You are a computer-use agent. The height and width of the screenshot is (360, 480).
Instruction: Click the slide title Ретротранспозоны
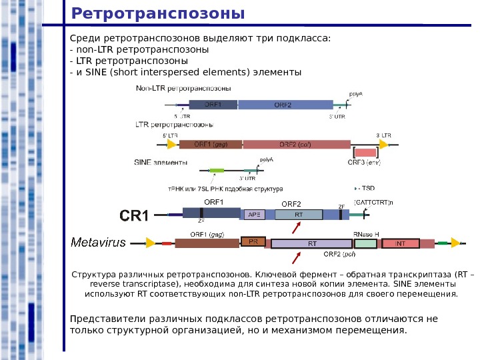pyautogui.click(x=157, y=13)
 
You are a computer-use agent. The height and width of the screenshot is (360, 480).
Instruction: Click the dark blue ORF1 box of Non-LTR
pyautogui.click(x=213, y=105)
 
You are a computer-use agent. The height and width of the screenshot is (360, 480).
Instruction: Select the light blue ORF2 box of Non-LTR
pyautogui.click(x=285, y=105)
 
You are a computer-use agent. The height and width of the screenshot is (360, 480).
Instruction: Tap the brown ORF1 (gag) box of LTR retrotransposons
pyautogui.click(x=210, y=144)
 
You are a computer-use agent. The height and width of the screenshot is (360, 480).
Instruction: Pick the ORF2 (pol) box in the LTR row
pyautogui.click(x=297, y=144)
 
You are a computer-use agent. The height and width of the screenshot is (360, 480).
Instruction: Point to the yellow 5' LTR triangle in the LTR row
pyautogui.click(x=172, y=144)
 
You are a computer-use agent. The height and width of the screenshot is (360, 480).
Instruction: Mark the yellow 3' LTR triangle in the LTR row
pyautogui.click(x=385, y=144)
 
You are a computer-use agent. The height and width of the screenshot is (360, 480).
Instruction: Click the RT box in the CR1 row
pyautogui.click(x=299, y=215)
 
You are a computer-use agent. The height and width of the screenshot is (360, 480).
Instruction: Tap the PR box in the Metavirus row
pyautogui.click(x=253, y=242)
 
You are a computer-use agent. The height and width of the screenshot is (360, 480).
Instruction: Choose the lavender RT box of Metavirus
pyautogui.click(x=312, y=244)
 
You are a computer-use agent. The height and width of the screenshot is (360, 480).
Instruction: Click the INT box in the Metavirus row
pyautogui.click(x=400, y=244)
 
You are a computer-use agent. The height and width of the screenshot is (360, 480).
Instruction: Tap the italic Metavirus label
pyautogui.click(x=98, y=243)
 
